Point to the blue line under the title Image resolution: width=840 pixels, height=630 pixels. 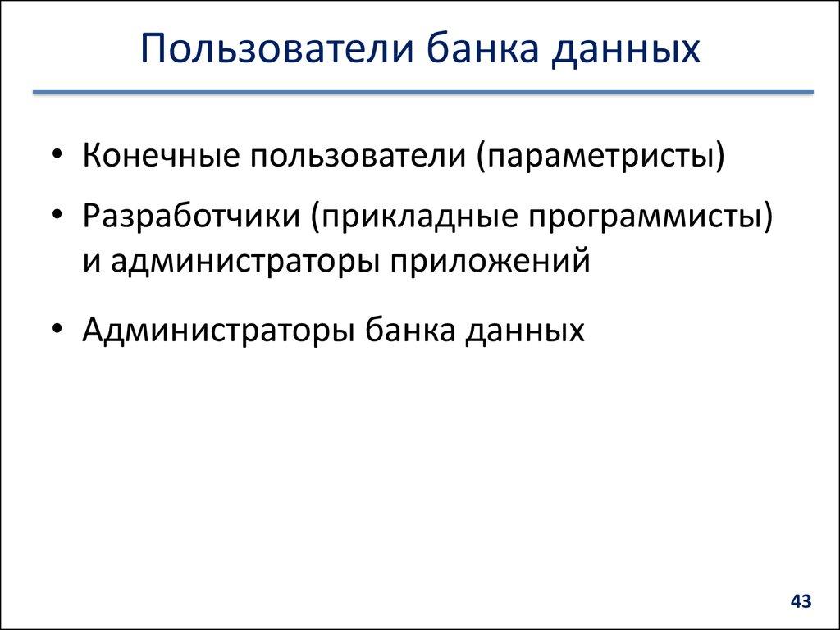click(422, 93)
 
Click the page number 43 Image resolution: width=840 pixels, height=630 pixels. click(801, 602)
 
